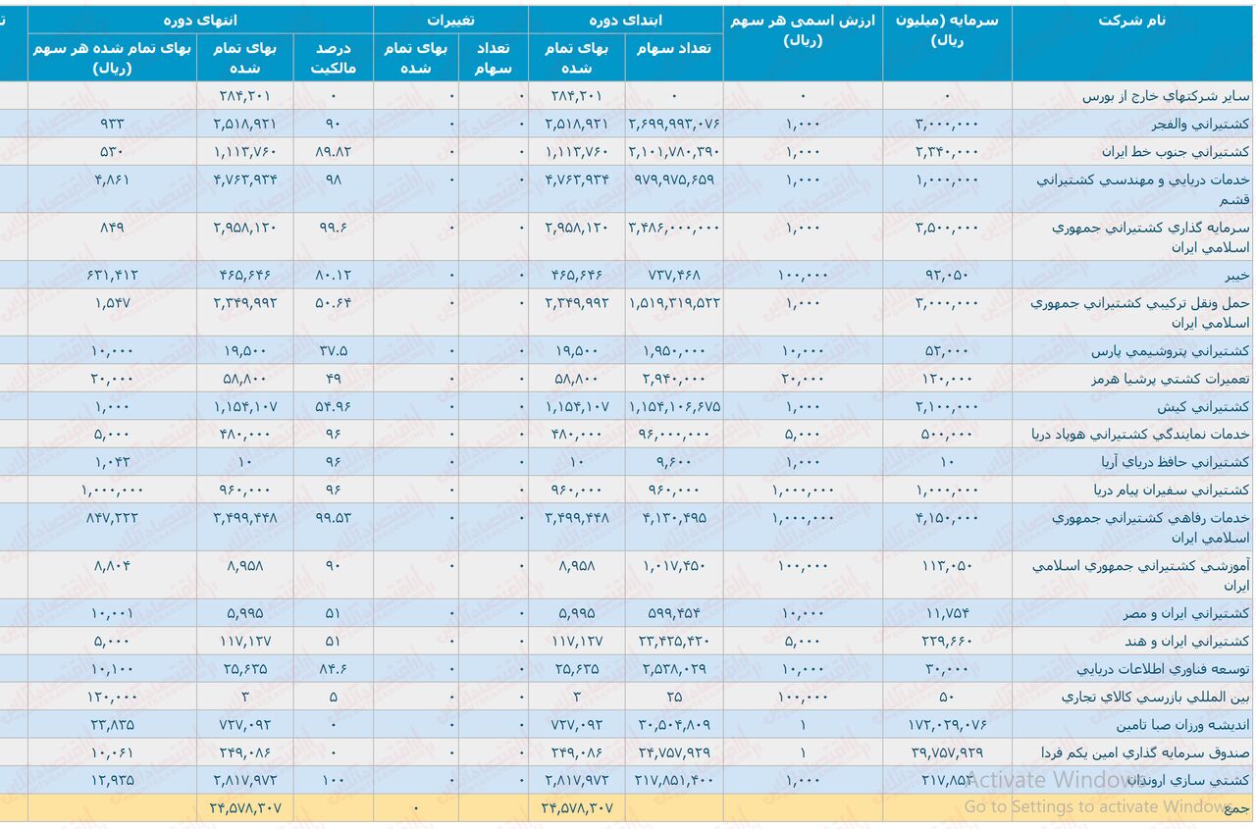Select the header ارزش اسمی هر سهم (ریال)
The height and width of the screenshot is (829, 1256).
point(803,30)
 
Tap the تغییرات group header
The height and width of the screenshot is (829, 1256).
point(450,20)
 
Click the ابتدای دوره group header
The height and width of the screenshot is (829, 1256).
point(625,20)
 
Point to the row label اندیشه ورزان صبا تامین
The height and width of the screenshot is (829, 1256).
point(1182,726)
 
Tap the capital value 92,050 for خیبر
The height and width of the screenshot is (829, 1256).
point(949,275)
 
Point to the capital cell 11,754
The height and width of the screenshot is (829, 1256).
point(950,614)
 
